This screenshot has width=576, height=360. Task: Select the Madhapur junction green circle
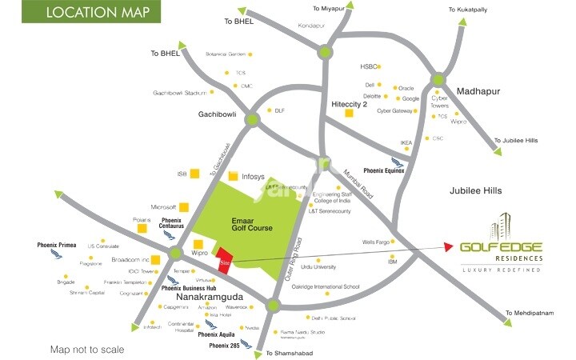click(x=438, y=79)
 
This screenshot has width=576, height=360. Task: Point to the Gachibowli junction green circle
click(x=253, y=120)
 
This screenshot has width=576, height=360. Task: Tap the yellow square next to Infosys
click(x=233, y=176)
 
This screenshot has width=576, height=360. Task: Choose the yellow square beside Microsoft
click(x=184, y=207)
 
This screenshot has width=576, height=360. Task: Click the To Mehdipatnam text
click(x=530, y=313)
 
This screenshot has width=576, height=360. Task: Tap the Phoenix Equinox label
click(x=384, y=170)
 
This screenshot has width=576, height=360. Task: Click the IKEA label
click(x=406, y=143)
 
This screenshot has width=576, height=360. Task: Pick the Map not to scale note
click(x=89, y=350)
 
